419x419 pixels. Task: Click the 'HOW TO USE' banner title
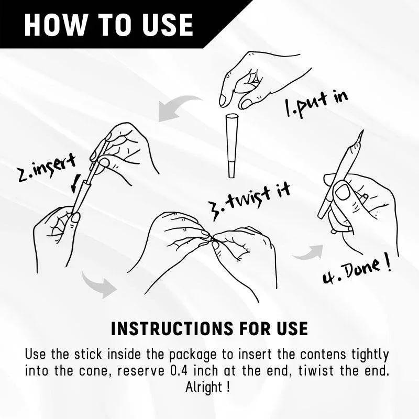click(108, 25)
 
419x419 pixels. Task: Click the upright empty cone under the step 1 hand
click(231, 146)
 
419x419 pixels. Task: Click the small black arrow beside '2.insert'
click(75, 183)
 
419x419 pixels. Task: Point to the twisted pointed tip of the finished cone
click(362, 131)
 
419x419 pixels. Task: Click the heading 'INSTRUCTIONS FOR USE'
click(209, 328)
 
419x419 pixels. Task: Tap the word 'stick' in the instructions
click(88, 355)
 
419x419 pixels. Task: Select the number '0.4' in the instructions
click(179, 371)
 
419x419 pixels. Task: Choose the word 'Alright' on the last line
click(204, 388)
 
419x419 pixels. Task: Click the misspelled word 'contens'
click(323, 355)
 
